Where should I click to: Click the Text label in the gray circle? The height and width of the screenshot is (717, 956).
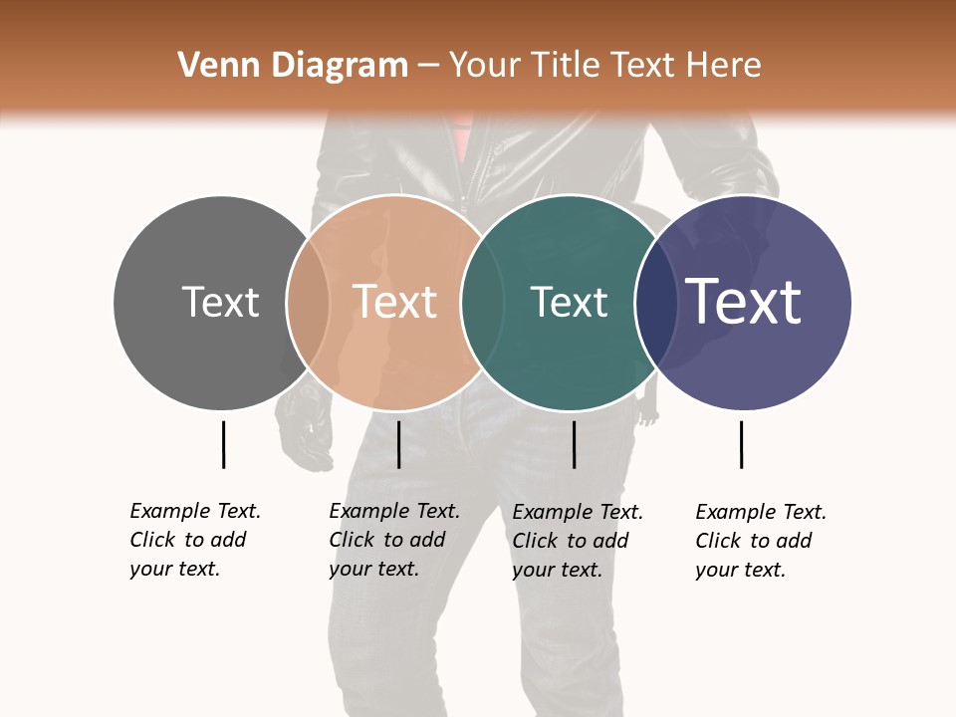(220, 302)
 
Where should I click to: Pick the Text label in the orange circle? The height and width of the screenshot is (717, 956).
(395, 302)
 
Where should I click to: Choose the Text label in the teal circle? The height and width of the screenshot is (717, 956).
(569, 303)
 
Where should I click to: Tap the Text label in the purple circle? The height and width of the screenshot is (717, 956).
(744, 302)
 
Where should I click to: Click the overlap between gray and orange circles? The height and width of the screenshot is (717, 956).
(309, 303)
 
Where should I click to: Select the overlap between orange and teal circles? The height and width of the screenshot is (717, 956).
(483, 303)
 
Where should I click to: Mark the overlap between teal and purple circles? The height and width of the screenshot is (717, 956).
(656, 303)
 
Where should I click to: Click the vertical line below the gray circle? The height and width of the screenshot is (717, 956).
(223, 444)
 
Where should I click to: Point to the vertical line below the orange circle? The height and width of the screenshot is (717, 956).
(398, 444)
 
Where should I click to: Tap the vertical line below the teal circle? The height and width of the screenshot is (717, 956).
(574, 444)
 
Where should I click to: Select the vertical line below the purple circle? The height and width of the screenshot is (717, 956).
(741, 444)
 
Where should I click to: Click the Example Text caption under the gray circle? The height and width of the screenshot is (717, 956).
(194, 540)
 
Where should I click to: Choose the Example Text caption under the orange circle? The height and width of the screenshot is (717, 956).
(393, 540)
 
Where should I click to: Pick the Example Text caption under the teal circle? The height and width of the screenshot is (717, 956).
(577, 541)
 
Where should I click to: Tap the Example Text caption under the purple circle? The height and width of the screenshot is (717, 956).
(760, 541)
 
